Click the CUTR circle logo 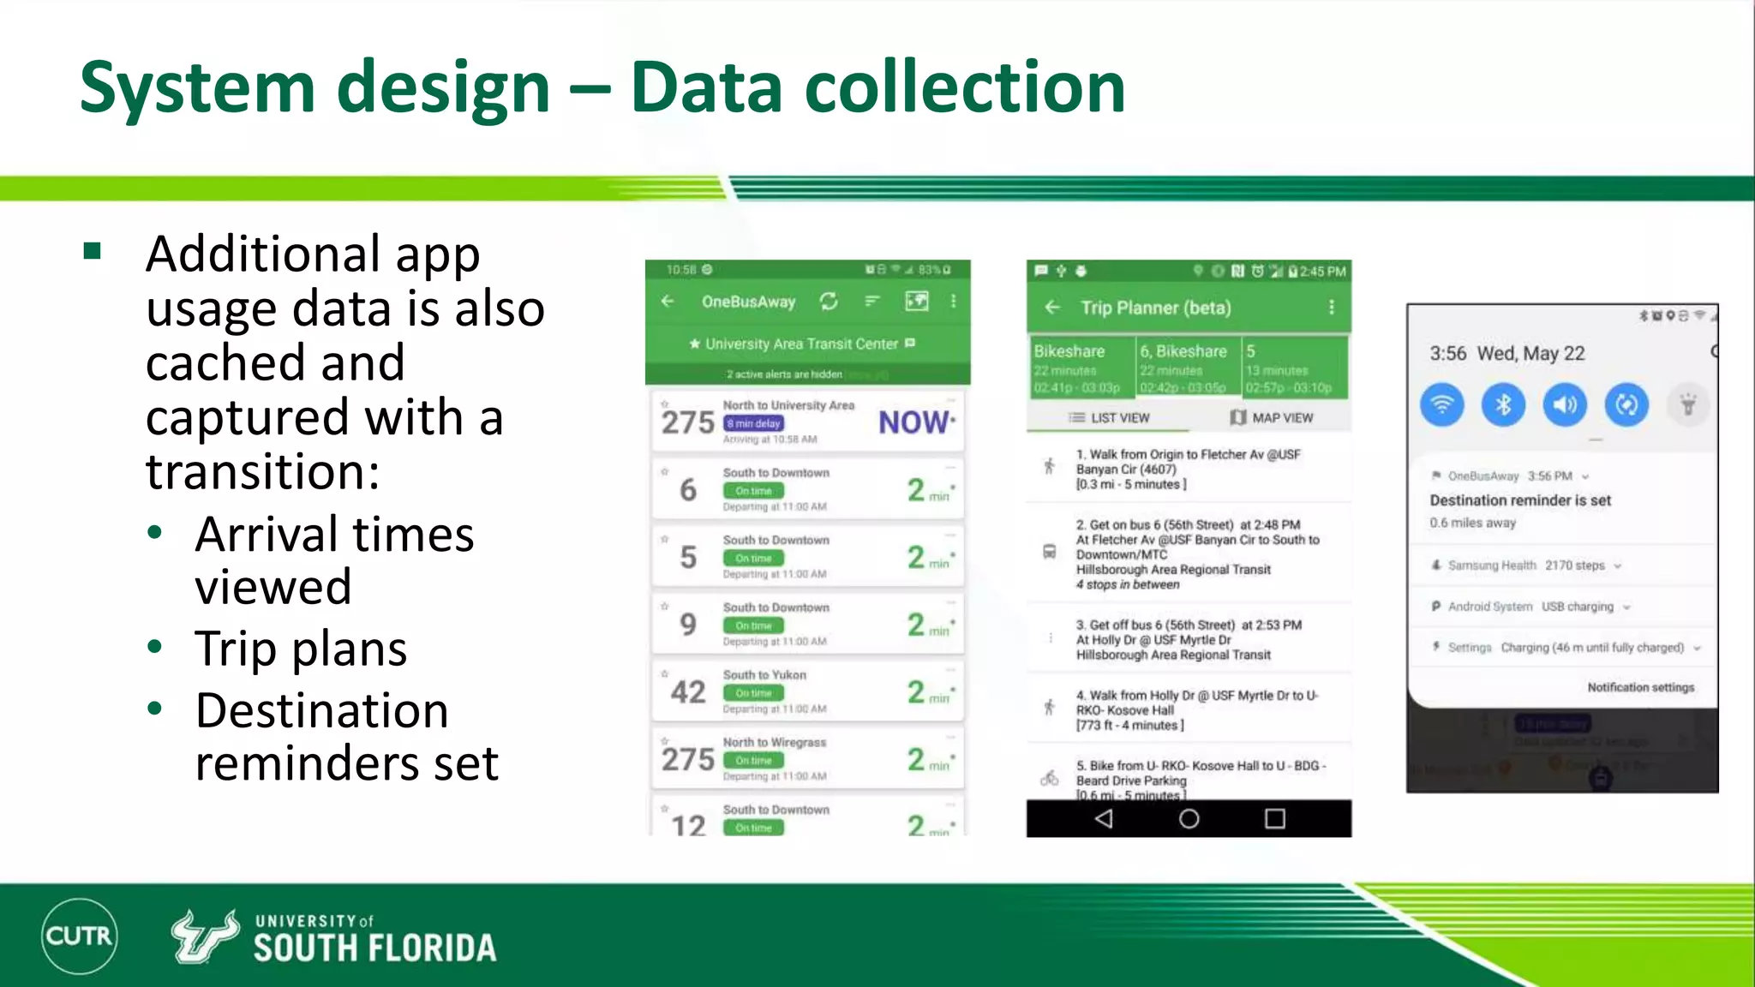[x=79, y=936]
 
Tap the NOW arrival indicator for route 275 [x=913, y=422]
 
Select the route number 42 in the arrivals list [x=688, y=691]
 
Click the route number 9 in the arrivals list [x=688, y=625]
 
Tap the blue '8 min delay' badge [x=753, y=423]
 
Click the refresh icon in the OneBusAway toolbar [x=828, y=302]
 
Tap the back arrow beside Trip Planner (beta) [x=1053, y=308]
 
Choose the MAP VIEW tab [x=1272, y=418]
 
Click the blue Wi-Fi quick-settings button [x=1442, y=404]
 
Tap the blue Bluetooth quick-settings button [x=1503, y=404]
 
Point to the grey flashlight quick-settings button [x=1688, y=404]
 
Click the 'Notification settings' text [x=1640, y=687]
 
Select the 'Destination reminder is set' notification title [x=1520, y=500]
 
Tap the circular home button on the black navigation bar [x=1189, y=819]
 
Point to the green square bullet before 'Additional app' [x=93, y=251]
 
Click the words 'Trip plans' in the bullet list [x=301, y=649]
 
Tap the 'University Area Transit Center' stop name [x=801, y=344]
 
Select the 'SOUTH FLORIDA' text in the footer [x=374, y=948]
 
